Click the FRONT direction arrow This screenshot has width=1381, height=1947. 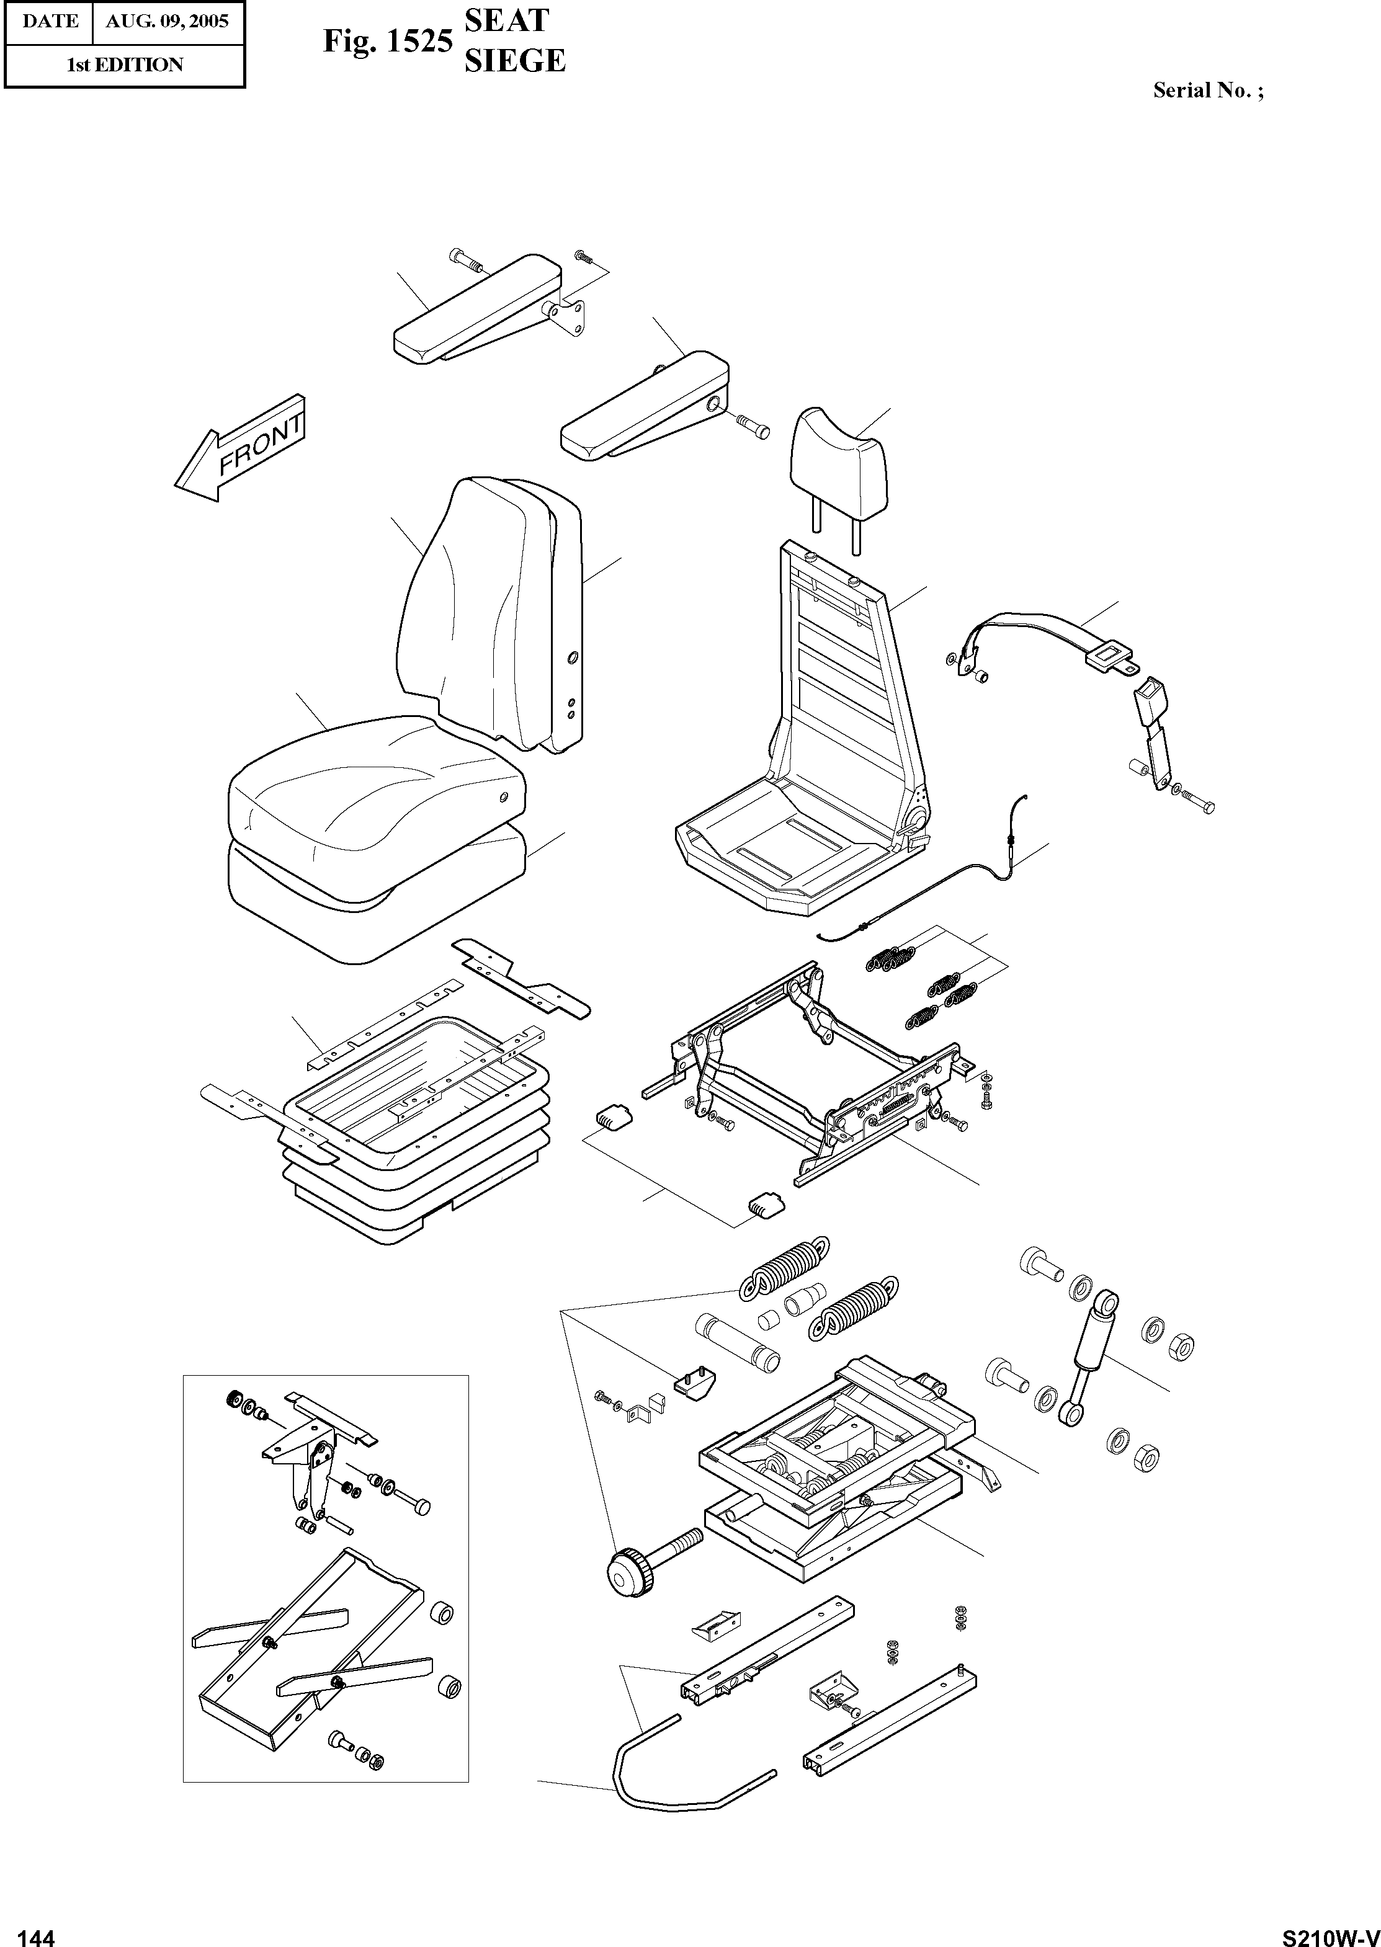[x=240, y=449]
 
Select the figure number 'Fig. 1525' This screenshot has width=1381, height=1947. [x=387, y=41]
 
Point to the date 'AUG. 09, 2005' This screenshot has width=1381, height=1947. [x=167, y=21]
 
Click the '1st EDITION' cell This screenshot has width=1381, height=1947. [x=125, y=65]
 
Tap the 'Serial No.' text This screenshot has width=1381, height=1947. [x=1207, y=90]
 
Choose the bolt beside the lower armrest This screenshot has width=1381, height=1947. [x=751, y=425]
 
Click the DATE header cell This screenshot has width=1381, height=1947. [x=50, y=21]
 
